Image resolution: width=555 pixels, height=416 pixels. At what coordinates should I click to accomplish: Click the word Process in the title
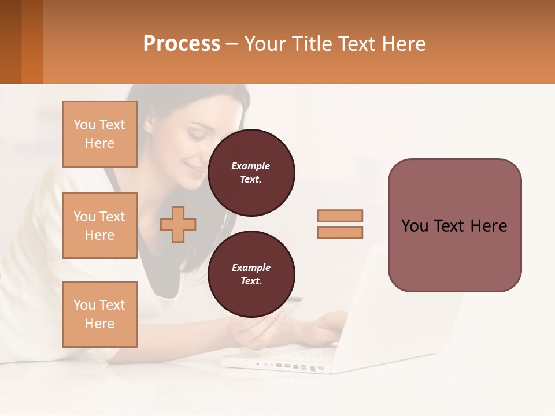point(182,44)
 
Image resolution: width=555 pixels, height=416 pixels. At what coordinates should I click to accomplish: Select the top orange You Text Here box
point(99,134)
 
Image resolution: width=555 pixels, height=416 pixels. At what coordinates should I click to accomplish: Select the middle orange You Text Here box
point(99,225)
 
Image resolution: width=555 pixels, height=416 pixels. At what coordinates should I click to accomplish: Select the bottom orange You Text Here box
point(99,314)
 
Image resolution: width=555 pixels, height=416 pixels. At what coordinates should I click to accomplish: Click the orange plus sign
point(178,224)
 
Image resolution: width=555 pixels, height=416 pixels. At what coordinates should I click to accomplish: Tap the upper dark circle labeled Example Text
point(251,173)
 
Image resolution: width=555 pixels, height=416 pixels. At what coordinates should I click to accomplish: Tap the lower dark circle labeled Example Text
point(251,274)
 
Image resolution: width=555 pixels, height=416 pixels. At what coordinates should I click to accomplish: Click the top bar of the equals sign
point(340,216)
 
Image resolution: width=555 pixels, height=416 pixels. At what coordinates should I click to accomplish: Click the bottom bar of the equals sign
point(340,232)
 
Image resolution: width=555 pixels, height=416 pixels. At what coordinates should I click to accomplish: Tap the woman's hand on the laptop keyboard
point(327,324)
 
